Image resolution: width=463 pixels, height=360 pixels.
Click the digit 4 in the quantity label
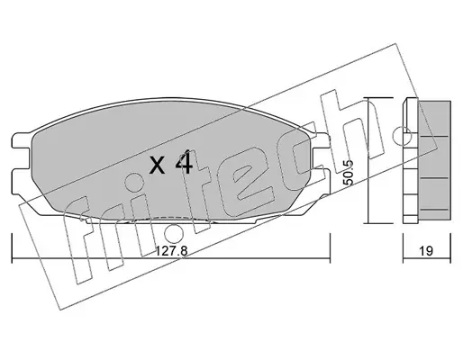click(x=184, y=162)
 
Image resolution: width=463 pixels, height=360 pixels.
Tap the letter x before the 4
click(x=158, y=166)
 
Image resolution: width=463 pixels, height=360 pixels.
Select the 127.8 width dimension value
click(x=172, y=251)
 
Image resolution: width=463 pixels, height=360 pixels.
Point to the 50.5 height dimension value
click(x=349, y=173)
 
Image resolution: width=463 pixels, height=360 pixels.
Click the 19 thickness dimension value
click(x=426, y=251)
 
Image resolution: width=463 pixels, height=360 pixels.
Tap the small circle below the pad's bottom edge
click(x=174, y=233)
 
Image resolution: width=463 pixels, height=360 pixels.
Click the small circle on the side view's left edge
click(x=402, y=137)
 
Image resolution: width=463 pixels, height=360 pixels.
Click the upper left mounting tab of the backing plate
click(x=22, y=140)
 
